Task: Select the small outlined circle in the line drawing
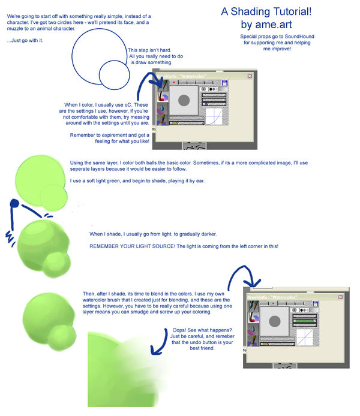tap(114, 75)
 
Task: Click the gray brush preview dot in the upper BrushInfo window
tap(184, 101)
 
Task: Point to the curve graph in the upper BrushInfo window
tap(214, 116)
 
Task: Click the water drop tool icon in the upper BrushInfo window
tap(161, 108)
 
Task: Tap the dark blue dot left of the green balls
tap(13, 206)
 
